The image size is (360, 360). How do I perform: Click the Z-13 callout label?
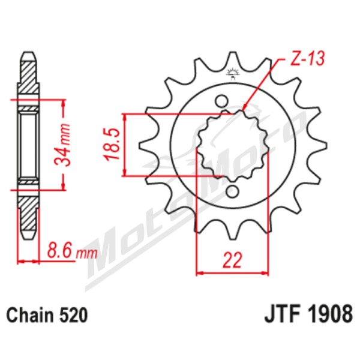click(x=307, y=59)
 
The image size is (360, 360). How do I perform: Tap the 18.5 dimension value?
click(x=113, y=144)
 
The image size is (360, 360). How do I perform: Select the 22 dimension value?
click(x=233, y=260)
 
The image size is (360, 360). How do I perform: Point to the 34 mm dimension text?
click(x=62, y=145)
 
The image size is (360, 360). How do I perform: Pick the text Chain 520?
click(x=47, y=315)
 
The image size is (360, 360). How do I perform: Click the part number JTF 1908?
click(x=308, y=314)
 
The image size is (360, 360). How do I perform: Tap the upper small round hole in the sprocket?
click(x=221, y=101)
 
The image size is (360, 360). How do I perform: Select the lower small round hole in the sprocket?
click(x=232, y=191)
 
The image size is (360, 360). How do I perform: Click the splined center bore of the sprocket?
click(x=233, y=146)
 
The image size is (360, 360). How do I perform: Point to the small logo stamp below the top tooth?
click(x=233, y=74)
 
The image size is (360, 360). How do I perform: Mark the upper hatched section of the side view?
click(x=29, y=76)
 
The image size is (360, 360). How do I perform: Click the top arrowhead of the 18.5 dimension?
click(x=125, y=118)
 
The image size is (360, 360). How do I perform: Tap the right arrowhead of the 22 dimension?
click(x=265, y=273)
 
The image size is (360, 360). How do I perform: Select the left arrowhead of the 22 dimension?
click(x=200, y=273)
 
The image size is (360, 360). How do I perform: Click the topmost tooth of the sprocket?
click(x=233, y=60)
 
